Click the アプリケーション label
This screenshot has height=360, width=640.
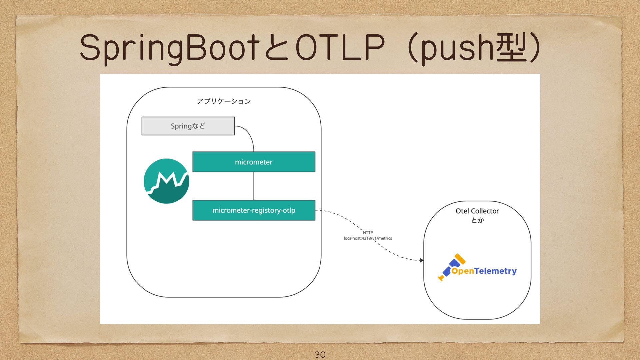tap(224, 101)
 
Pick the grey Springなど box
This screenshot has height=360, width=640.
tap(188, 126)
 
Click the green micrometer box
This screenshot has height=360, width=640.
tap(254, 162)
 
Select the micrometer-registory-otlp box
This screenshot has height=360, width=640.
tap(254, 210)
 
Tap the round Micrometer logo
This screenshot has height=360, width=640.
tap(166, 181)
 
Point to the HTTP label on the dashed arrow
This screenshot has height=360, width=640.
tap(368, 233)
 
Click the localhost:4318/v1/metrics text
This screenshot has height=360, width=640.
tap(368, 238)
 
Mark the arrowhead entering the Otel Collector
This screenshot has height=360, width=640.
tap(422, 260)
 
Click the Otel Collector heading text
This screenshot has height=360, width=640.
tap(477, 211)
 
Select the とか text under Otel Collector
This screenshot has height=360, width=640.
tap(477, 220)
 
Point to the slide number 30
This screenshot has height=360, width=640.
tap(320, 354)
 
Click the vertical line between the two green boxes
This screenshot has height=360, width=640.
tap(254, 186)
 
